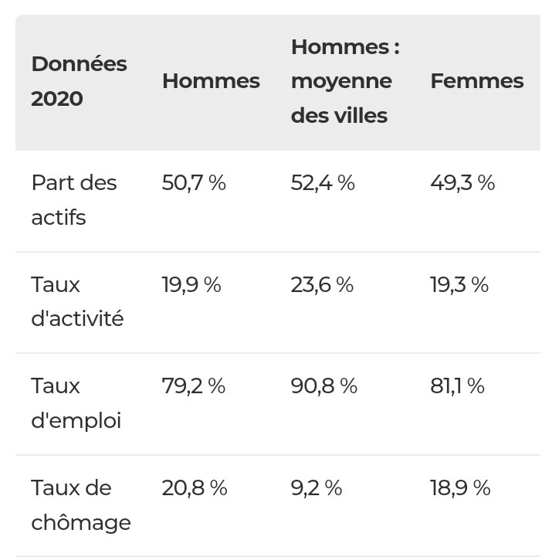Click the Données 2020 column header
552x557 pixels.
point(80,81)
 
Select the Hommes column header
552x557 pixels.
point(211,81)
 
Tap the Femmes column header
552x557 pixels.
point(477,81)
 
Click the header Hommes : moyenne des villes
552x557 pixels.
point(345,81)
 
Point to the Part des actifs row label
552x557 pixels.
point(74,200)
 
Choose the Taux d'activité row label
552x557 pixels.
point(77,301)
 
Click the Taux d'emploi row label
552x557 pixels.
point(76,403)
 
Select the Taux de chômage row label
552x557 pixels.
point(81,504)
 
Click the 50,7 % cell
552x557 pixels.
point(194,183)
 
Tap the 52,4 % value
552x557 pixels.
point(323,183)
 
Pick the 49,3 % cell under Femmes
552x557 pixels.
point(462,183)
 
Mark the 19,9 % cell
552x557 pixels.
point(191,284)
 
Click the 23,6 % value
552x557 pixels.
point(323,284)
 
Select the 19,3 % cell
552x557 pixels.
point(459,284)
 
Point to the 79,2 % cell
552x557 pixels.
point(194,385)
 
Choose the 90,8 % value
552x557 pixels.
point(324,385)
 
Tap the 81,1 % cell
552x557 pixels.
point(457,385)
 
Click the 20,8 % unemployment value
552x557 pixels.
point(195,487)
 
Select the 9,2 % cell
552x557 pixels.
point(317,487)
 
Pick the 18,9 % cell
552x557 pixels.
point(460,487)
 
